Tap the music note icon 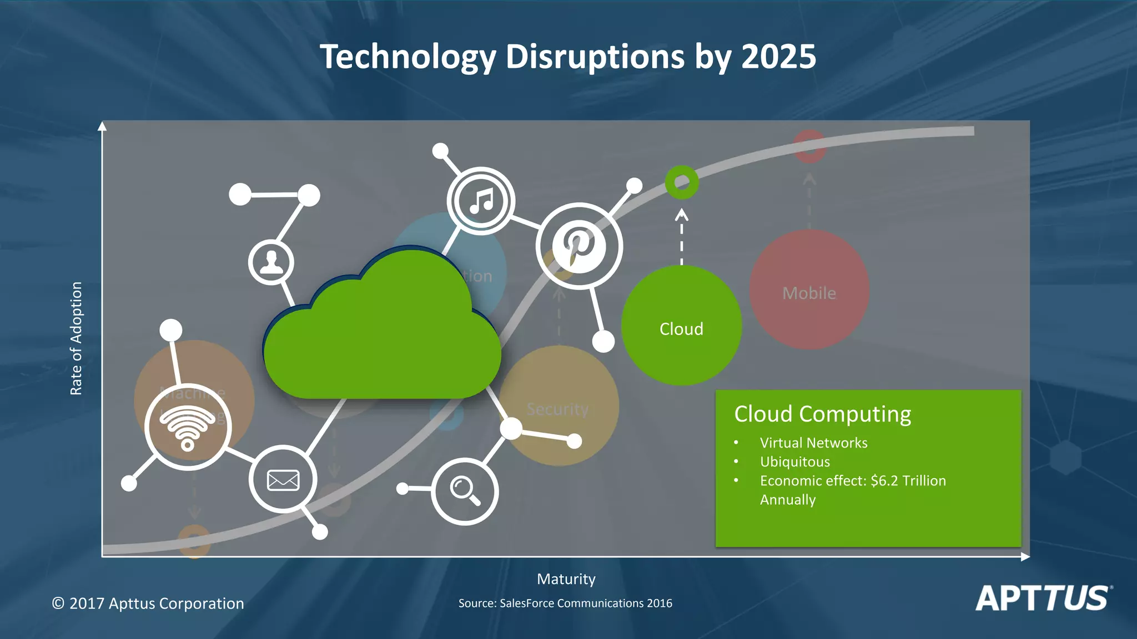[x=481, y=201]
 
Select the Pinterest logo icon [x=578, y=246]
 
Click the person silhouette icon [x=271, y=262]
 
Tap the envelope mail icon [x=283, y=480]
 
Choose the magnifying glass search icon [x=465, y=491]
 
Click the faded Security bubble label [x=557, y=409]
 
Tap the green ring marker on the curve [x=682, y=182]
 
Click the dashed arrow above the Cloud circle [x=682, y=236]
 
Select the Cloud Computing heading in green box [x=822, y=414]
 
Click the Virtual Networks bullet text [x=813, y=443]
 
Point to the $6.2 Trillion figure [x=908, y=480]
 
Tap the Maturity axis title [x=566, y=579]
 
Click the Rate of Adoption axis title [x=76, y=338]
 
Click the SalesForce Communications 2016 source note [x=565, y=603]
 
